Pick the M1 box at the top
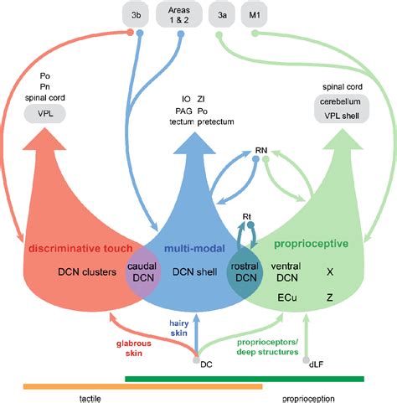(x=255, y=14)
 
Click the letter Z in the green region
(x=329, y=297)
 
